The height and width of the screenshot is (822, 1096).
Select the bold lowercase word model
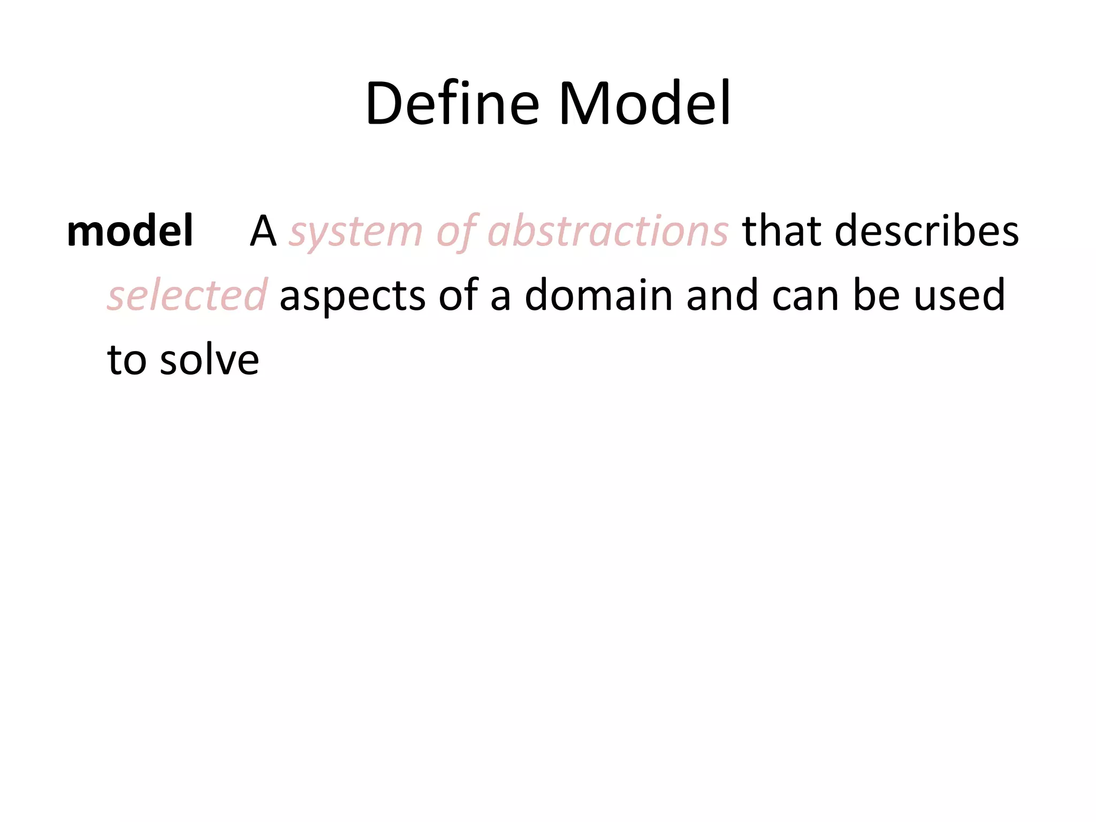click(x=130, y=231)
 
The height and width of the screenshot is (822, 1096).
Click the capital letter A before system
click(x=263, y=231)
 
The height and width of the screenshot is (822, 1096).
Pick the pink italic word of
click(x=455, y=231)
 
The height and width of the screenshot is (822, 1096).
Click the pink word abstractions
click(x=608, y=231)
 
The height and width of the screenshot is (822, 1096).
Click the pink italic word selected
click(x=187, y=295)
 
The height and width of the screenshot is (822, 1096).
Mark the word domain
click(x=598, y=295)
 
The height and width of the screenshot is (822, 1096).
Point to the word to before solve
click(x=127, y=360)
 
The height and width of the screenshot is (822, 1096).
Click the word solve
click(x=209, y=360)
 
